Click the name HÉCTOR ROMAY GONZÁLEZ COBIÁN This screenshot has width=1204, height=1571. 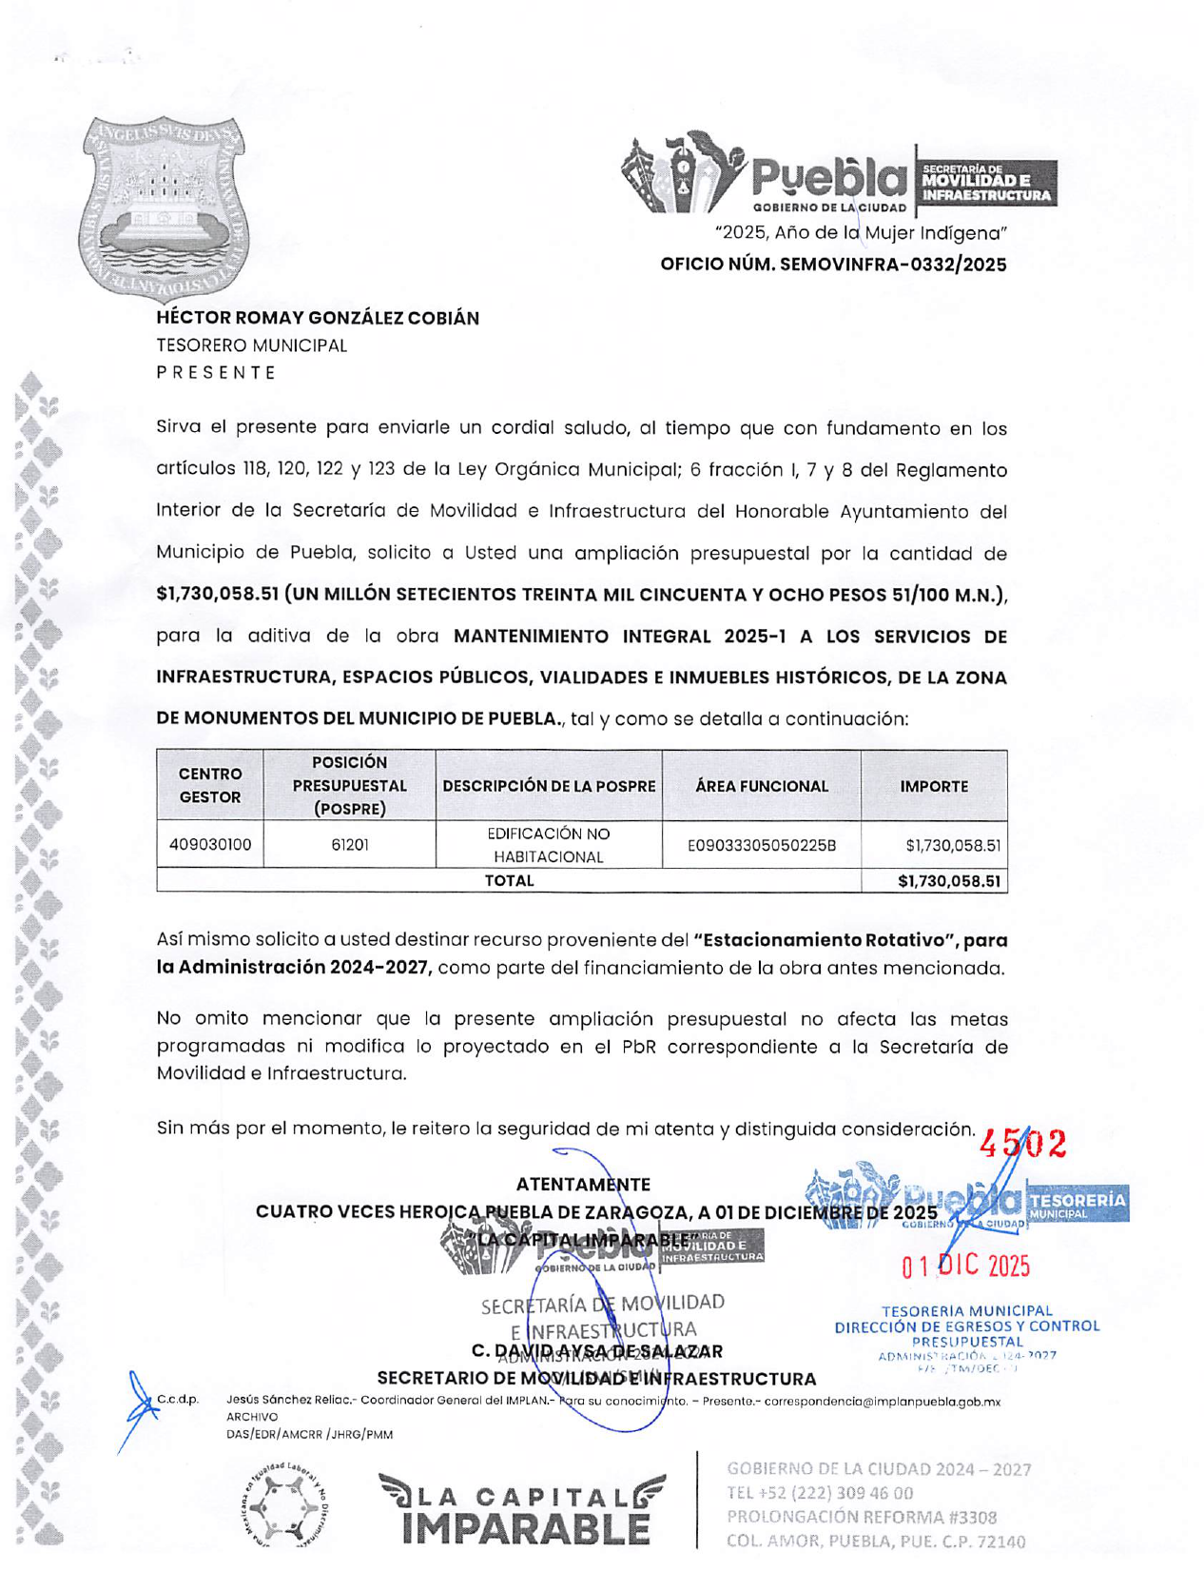(318, 318)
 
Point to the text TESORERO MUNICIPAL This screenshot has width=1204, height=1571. (252, 345)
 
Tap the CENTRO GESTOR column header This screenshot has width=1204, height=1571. (210, 786)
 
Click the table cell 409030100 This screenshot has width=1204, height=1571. (210, 844)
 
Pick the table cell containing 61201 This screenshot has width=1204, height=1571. (350, 844)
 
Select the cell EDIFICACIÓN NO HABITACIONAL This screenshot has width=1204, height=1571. (549, 845)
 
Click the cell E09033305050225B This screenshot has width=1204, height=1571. (761, 844)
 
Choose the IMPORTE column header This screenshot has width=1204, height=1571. (934, 786)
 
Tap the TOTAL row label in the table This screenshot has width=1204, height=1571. (509, 881)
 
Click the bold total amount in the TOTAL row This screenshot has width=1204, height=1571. (949, 881)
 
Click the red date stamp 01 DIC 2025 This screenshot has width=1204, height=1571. (965, 1266)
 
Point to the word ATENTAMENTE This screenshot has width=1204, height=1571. (583, 1185)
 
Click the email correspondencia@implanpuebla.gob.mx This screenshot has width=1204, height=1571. (882, 1401)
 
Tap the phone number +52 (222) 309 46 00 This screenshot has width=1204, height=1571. (820, 1493)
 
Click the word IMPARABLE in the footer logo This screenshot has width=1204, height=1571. (526, 1528)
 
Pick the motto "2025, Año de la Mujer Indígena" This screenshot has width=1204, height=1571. (861, 233)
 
